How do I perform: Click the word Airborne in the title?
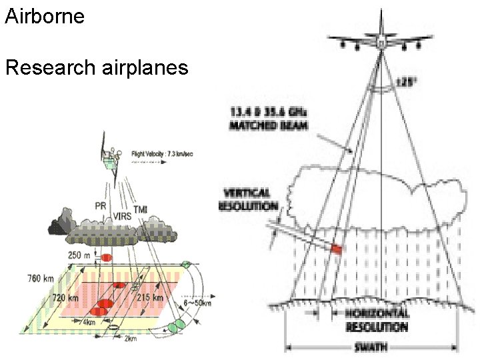click(45, 16)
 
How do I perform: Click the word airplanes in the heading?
click(147, 69)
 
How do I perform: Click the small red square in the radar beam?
click(336, 249)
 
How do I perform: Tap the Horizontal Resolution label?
click(377, 320)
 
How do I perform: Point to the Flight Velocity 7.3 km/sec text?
click(163, 153)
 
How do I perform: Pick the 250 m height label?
click(81, 255)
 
